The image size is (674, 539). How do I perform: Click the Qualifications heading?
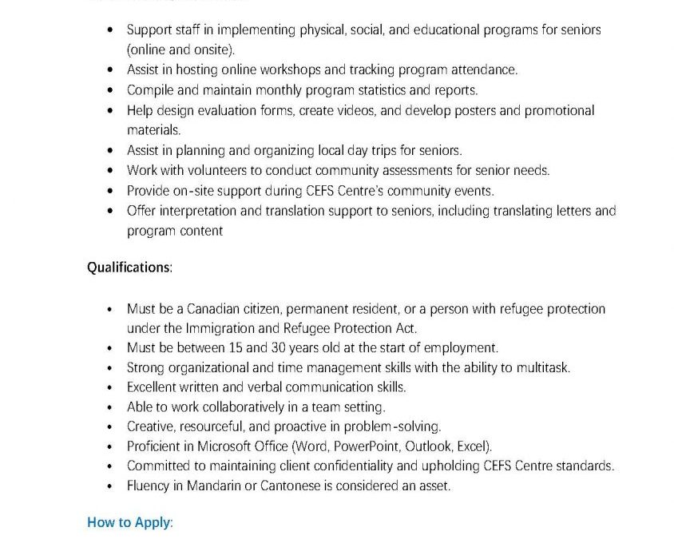tap(129, 268)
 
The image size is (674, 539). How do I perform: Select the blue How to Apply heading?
tap(129, 523)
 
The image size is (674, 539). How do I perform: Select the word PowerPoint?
tap(364, 446)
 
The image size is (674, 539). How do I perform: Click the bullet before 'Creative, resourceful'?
tap(109, 426)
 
